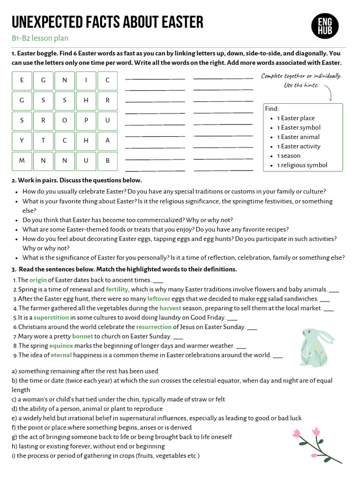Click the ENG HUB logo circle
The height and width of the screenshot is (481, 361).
point(325,25)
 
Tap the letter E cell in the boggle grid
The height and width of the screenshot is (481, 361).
point(22,80)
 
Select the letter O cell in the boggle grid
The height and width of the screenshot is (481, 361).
point(65,120)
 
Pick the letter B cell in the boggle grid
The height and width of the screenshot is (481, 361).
point(108,161)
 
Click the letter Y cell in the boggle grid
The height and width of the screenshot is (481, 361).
point(22,140)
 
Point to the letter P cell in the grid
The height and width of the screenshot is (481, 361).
point(86,120)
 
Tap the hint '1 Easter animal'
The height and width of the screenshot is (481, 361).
point(298,137)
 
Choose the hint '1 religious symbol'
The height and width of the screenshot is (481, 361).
point(302,165)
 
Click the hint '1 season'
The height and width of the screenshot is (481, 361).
point(288,156)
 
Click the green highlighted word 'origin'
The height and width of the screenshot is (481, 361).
point(38,280)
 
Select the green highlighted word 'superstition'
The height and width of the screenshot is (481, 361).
point(51,318)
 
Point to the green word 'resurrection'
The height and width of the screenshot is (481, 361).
point(154,327)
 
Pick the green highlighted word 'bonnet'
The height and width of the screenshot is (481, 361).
point(82,336)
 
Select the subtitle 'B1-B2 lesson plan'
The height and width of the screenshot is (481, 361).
point(37,39)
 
